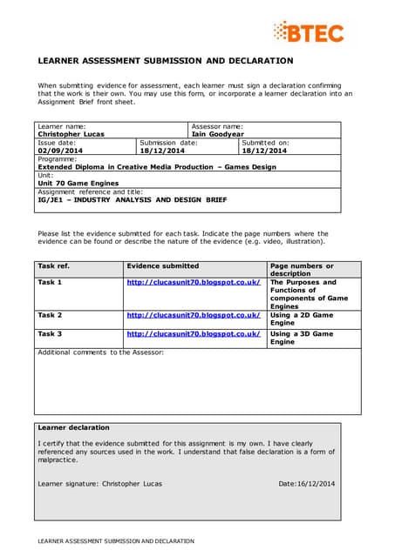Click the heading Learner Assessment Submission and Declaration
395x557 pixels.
165,61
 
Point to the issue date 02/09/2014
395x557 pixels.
58,151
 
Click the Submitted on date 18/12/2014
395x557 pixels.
264,151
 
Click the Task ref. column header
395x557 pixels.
53,265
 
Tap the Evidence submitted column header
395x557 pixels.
162,265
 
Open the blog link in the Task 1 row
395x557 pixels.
194,283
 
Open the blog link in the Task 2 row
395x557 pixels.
194,315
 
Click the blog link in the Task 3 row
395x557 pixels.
194,333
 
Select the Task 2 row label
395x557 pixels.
50,315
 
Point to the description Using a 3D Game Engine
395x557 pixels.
302,338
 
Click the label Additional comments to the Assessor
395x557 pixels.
100,352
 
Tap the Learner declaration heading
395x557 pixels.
74,427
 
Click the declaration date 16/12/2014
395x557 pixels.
306,483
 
